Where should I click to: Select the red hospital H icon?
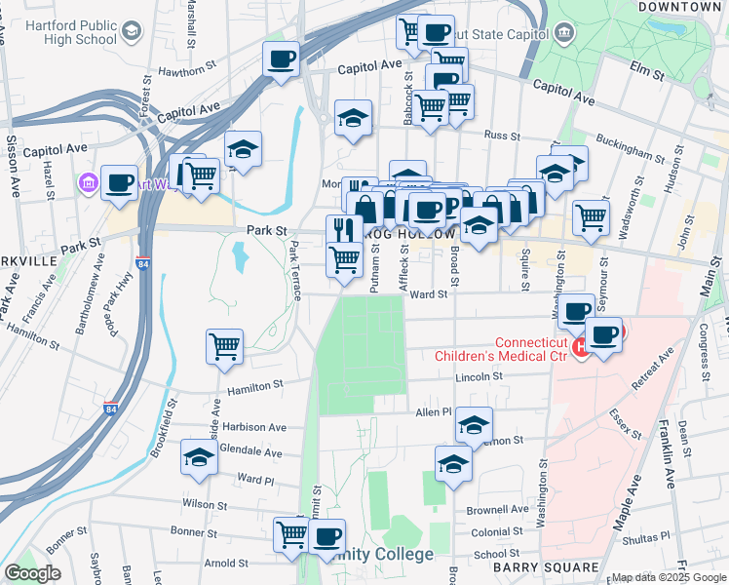point(581,347)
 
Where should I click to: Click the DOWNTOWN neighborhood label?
point(679,7)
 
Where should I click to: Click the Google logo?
point(32,572)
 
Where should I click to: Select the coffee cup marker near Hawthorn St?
point(281,59)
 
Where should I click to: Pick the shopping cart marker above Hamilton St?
point(225,346)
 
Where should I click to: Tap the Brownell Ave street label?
point(497,509)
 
